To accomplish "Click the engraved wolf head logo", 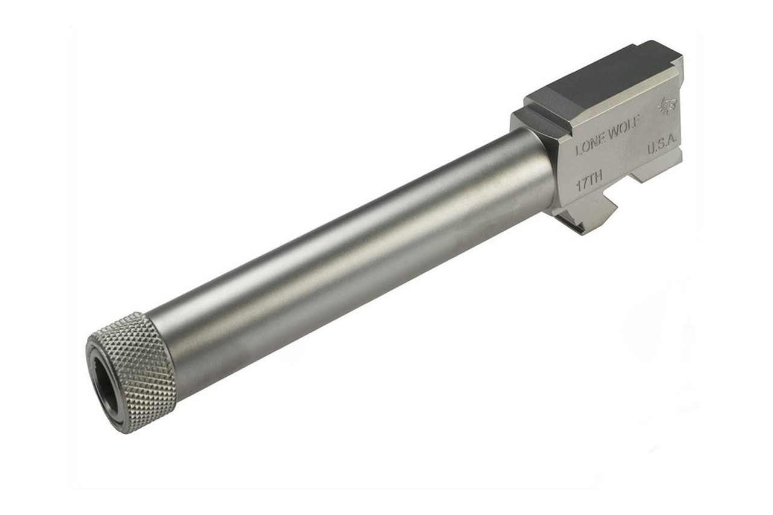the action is point(667,106).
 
